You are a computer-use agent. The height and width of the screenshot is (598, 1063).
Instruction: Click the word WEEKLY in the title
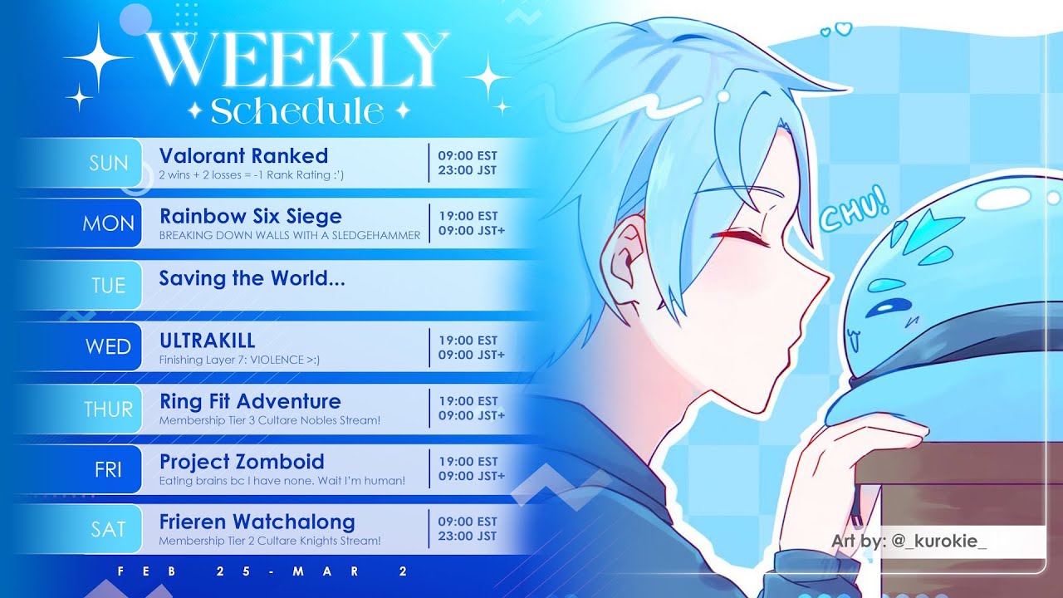coord(297,59)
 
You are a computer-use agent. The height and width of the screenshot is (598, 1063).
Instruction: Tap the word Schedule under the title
coord(297,111)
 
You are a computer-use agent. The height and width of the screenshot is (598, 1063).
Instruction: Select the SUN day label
coord(109,164)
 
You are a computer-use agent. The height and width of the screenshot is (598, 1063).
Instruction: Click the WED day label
coord(108,346)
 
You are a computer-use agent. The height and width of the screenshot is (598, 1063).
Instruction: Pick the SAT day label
coord(108,529)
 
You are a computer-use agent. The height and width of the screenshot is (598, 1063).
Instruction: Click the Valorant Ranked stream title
coord(243,155)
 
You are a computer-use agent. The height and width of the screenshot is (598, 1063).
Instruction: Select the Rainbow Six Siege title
coord(251,217)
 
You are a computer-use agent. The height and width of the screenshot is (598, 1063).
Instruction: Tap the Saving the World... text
coord(252,278)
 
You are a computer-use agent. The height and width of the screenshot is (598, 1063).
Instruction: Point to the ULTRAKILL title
coord(208,341)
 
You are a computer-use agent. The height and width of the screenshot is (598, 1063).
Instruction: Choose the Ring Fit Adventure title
coord(250,401)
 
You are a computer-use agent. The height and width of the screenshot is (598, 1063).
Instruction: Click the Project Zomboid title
coord(242,462)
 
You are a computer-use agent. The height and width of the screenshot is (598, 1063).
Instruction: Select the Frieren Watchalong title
coord(257,522)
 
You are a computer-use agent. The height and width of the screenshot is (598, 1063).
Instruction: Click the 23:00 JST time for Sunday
coord(468,170)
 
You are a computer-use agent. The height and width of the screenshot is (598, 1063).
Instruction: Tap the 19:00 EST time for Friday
coord(468,461)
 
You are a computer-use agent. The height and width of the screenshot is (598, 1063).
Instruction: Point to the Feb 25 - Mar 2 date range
coord(262,571)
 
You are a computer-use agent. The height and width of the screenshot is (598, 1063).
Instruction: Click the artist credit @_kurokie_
coord(939,541)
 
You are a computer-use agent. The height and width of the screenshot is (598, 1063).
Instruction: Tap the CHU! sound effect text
coord(855,208)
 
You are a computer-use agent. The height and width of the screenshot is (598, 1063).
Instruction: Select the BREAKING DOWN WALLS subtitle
coord(290,235)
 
